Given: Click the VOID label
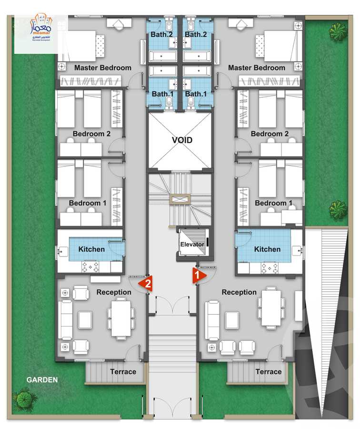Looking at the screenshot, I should click(182, 140).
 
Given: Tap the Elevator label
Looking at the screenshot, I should click(192, 245).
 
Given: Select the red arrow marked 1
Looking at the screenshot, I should click(198, 275).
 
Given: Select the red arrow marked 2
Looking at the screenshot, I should click(146, 284).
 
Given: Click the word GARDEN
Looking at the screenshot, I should click(42, 380).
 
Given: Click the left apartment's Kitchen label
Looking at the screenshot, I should click(92, 249).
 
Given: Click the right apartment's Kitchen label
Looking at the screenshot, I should click(267, 249).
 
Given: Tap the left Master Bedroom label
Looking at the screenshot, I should click(102, 68).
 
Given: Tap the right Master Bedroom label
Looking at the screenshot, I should click(256, 68).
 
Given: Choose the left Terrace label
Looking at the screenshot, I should click(123, 371).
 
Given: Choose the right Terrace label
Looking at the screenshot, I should click(268, 371).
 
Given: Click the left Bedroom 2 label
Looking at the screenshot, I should click(91, 134).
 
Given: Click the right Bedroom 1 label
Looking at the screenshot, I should click(274, 203).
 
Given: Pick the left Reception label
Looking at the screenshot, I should click(113, 292).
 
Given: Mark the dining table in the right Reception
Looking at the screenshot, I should click(271, 308).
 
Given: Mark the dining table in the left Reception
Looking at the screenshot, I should click(120, 317).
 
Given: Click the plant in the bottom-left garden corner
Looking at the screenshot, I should click(25, 399).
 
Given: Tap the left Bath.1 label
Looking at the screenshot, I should click(162, 94).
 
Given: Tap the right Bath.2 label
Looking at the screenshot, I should click(196, 34).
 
